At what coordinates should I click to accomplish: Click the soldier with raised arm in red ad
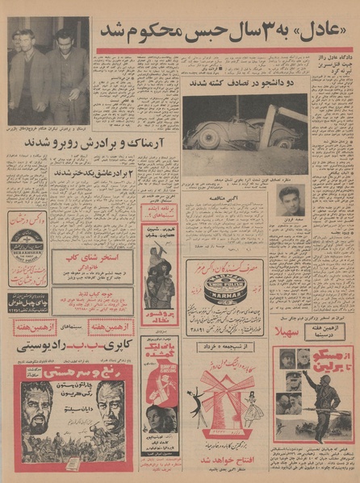click(x=326, y=395)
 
